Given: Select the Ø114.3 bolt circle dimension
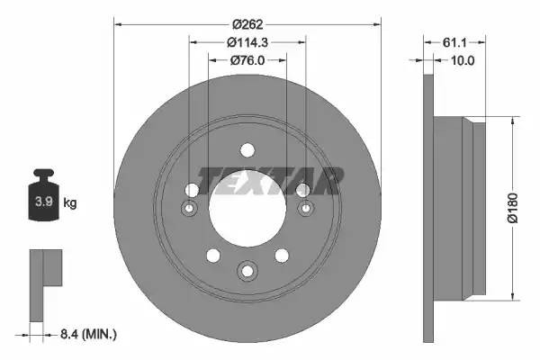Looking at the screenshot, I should (x=247, y=43).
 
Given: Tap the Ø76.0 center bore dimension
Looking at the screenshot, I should (x=247, y=61).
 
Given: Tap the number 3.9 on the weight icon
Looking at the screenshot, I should (x=42, y=202).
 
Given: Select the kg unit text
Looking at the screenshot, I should (x=69, y=202).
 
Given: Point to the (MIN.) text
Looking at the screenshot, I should (x=99, y=334).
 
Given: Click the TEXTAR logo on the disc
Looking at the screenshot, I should (x=270, y=180).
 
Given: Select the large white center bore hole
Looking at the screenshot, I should (x=247, y=206).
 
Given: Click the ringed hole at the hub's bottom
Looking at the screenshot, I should (x=247, y=269).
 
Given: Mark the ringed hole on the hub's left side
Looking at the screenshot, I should (x=190, y=209).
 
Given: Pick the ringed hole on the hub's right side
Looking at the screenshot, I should (x=305, y=209).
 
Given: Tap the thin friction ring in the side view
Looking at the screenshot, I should (x=429, y=206).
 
